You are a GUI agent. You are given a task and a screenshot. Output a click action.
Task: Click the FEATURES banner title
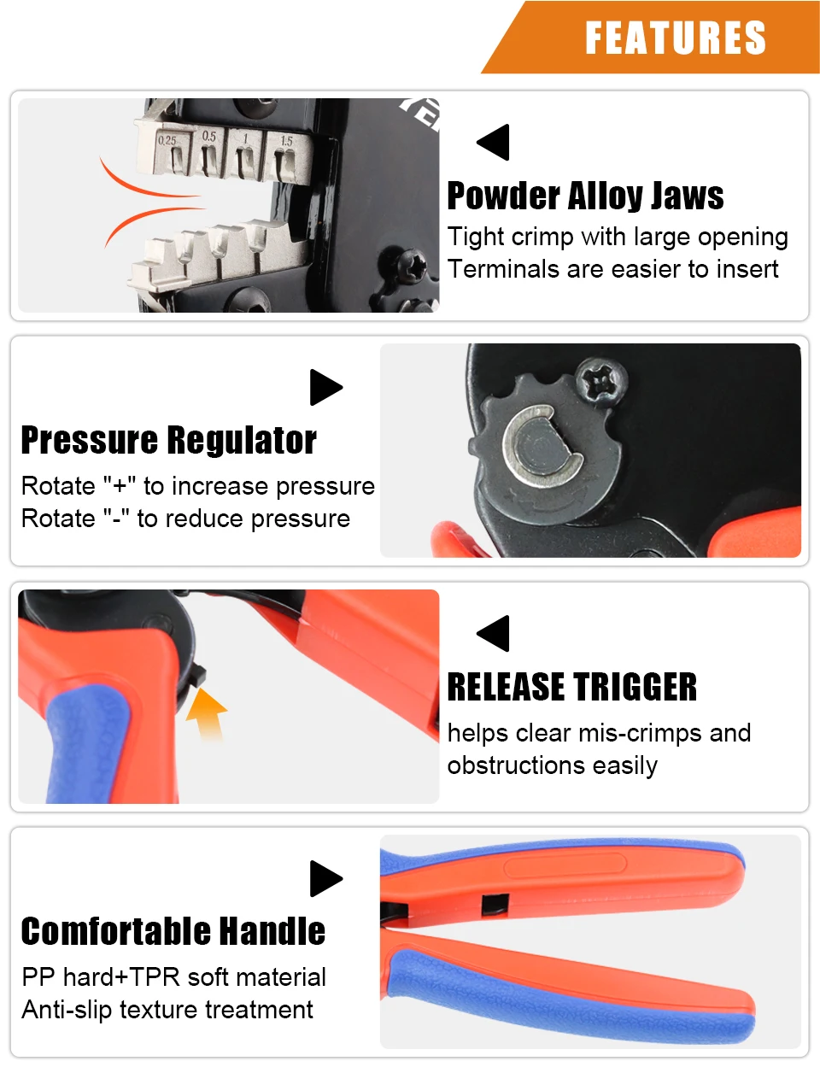[676, 38]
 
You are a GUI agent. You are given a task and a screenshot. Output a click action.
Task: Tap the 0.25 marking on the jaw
[167, 140]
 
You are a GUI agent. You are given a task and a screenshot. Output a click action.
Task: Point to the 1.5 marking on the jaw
[286, 141]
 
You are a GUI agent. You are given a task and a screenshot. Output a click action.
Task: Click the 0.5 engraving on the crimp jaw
[209, 136]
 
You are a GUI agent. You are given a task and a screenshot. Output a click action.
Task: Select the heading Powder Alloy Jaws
[585, 196]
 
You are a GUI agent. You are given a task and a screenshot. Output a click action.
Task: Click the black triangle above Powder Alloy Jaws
[493, 142]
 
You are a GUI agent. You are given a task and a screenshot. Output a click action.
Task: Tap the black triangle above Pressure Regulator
[326, 388]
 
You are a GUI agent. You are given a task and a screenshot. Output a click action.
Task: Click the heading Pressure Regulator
[169, 441]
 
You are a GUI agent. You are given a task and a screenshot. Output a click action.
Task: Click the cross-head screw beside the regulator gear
[601, 382]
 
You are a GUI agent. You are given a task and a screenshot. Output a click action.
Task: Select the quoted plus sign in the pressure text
[120, 486]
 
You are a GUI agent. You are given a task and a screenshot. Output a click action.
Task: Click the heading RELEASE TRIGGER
[571, 687]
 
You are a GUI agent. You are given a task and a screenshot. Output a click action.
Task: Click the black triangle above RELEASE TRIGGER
[493, 633]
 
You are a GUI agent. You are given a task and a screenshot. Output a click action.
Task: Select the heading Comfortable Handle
[173, 931]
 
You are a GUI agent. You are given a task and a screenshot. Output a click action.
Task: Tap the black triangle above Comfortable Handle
[326, 878]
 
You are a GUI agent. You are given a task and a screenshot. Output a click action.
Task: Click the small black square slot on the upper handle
[495, 905]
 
